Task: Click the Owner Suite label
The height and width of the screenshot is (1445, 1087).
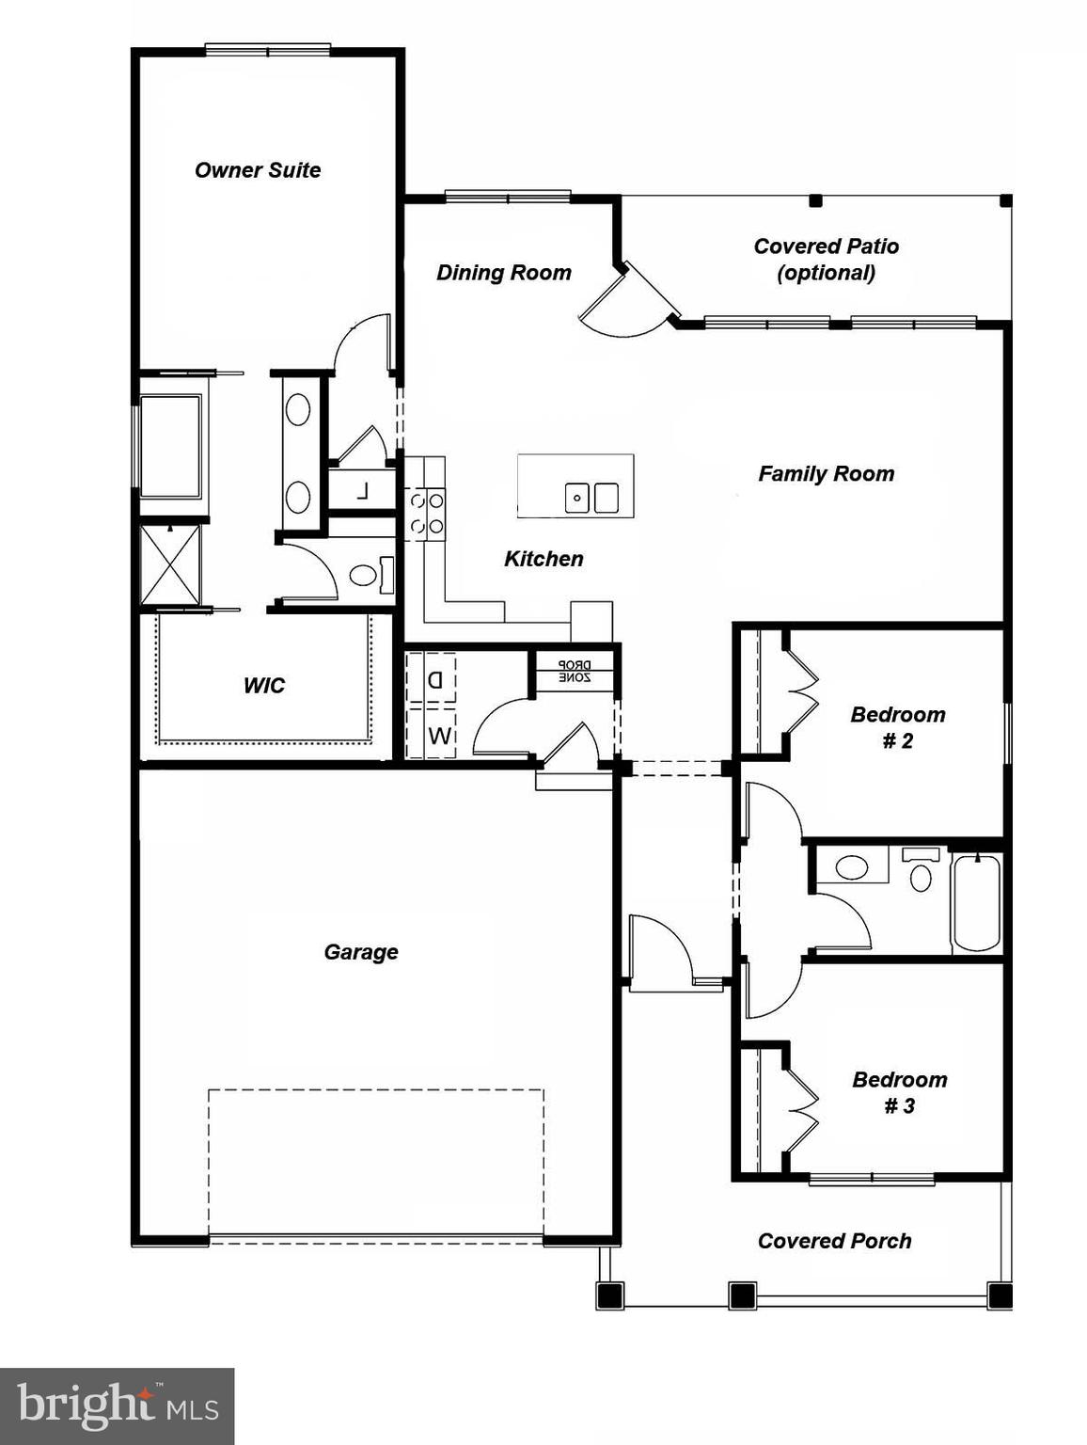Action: click(258, 170)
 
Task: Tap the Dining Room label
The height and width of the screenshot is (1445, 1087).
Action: click(504, 273)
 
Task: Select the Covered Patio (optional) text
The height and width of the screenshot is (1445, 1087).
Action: click(826, 260)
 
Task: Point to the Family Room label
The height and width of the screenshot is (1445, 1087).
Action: click(826, 474)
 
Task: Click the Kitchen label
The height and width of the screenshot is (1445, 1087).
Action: click(543, 559)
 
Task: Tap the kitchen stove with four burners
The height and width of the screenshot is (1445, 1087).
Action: click(425, 515)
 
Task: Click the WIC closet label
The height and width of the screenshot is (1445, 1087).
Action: click(263, 686)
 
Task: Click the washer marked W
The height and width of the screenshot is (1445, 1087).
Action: click(438, 736)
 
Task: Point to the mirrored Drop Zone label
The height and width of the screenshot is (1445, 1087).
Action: click(574, 670)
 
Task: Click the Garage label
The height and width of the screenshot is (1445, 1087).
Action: click(361, 952)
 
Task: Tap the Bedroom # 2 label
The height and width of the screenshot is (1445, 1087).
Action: click(898, 727)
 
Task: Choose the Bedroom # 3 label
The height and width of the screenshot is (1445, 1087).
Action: click(899, 1092)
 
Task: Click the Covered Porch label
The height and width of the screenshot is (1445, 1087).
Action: click(834, 1241)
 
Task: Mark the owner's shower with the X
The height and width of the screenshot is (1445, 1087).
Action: click(170, 564)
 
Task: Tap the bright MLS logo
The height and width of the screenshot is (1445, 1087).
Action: click(117, 1405)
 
